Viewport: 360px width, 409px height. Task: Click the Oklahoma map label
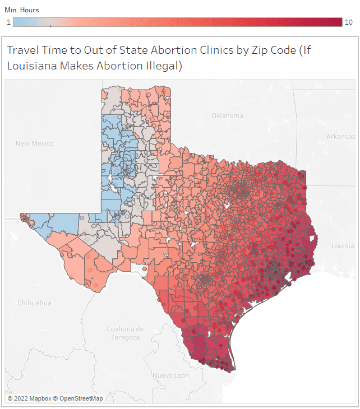point(227,116)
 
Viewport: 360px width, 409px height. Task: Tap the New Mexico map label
point(35,143)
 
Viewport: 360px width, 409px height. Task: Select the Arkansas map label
point(341,137)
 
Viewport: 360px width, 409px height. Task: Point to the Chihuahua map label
point(34,303)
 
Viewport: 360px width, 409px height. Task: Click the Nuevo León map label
point(171,375)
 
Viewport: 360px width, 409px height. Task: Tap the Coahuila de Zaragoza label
point(126,333)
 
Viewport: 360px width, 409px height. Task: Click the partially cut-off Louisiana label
point(343,246)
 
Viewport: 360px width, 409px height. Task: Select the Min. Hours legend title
point(20,10)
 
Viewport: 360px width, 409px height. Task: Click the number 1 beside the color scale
point(8,22)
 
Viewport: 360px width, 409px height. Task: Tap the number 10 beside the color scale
point(348,22)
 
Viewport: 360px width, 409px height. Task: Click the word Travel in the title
point(22,50)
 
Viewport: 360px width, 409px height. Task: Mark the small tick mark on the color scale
point(50,25)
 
